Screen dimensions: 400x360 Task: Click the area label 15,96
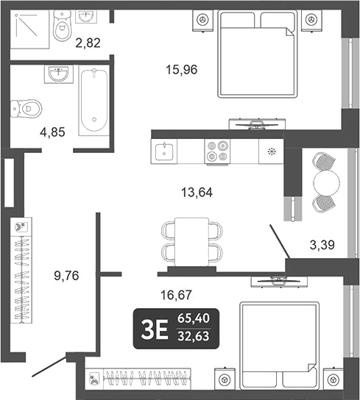182,71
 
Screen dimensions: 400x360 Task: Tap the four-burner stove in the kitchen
216,151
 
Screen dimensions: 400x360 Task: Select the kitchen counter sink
163,151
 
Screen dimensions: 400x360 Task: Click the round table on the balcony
324,181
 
